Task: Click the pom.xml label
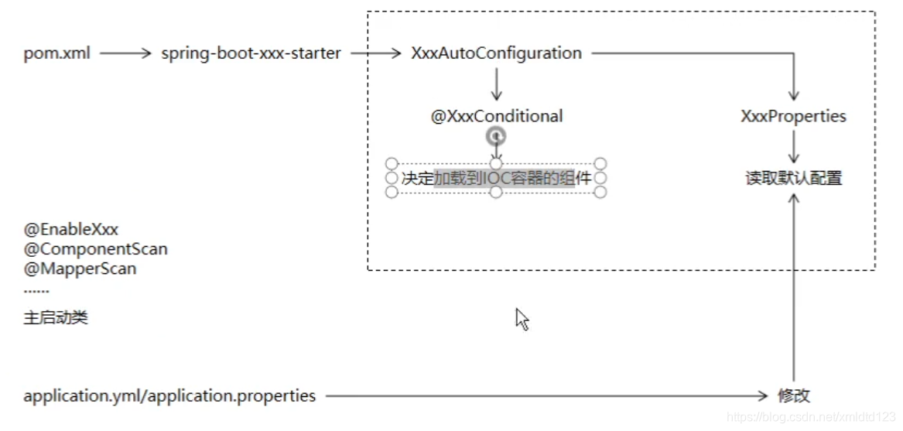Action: point(56,53)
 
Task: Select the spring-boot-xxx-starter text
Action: point(251,53)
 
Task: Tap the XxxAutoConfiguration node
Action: point(496,53)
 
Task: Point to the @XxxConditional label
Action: point(497,116)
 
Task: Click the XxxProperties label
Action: point(793,116)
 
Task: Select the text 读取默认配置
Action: point(793,178)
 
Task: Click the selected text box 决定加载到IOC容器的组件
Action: point(496,178)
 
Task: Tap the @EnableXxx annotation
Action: point(71,229)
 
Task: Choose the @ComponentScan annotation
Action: point(95,249)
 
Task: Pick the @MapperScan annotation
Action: point(80,269)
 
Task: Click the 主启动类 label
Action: point(56,318)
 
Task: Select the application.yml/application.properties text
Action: point(169,396)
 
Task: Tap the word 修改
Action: point(793,396)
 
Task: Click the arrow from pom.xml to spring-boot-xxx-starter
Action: point(125,53)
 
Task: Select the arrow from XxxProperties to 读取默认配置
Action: point(793,146)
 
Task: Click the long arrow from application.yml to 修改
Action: point(546,396)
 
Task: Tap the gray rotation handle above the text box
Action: point(496,137)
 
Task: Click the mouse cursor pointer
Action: point(522,319)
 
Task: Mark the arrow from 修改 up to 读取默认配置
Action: point(793,286)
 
